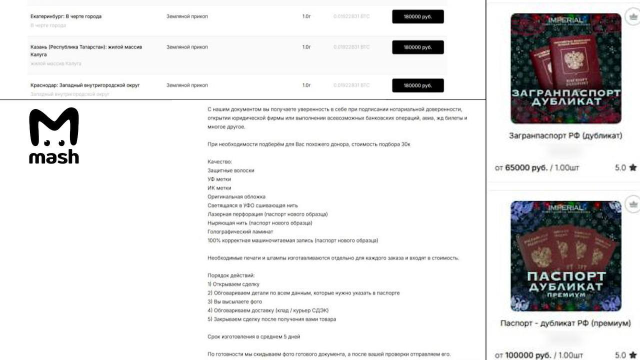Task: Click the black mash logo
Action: [54, 135]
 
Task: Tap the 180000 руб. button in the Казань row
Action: [417, 47]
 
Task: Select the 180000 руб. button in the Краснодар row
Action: [417, 85]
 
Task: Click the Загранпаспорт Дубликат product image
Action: [565, 68]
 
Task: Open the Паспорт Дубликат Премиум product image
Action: [565, 255]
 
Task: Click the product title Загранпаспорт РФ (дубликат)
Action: [565, 135]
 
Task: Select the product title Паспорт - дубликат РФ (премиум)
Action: [565, 323]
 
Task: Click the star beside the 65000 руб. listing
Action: [632, 167]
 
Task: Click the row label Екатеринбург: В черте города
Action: [66, 16]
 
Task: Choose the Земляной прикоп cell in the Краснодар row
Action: [187, 85]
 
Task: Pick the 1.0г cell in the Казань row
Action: [306, 47]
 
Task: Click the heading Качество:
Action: [220, 161]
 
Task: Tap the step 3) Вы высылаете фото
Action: [234, 301]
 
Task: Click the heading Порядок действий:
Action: [231, 275]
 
